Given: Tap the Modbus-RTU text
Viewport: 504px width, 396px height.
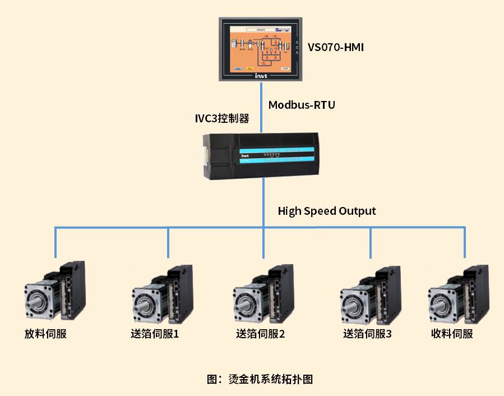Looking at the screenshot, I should [301, 105].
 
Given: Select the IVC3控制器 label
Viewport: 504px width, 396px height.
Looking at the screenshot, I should [221, 119].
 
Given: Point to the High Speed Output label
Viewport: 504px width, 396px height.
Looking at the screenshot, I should [327, 211].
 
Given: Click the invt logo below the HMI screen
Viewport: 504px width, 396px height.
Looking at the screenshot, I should [260, 75].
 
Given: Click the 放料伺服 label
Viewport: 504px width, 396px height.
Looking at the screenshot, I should [45, 334].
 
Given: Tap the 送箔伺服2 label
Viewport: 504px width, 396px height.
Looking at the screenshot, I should [260, 334].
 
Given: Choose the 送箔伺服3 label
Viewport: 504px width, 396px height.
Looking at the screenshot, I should [367, 334].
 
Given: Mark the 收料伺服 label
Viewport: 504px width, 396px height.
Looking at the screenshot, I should [452, 334].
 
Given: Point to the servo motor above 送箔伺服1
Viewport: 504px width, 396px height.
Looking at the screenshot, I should [161, 294].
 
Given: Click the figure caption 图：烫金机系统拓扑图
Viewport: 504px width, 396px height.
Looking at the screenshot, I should [259, 379].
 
